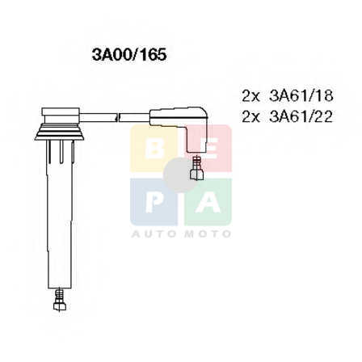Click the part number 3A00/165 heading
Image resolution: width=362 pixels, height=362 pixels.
click(x=129, y=55)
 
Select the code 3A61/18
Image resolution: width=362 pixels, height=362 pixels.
click(x=301, y=95)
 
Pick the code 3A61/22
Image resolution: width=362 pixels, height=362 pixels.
click(x=301, y=116)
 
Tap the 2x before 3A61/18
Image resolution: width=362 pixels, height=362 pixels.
click(x=250, y=96)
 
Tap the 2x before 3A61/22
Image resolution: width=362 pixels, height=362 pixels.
click(x=250, y=117)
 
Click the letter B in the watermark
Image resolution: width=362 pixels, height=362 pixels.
click(x=154, y=149)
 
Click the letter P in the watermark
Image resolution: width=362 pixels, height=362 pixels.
click(x=154, y=203)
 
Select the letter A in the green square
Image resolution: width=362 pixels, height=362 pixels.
click(x=208, y=203)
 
